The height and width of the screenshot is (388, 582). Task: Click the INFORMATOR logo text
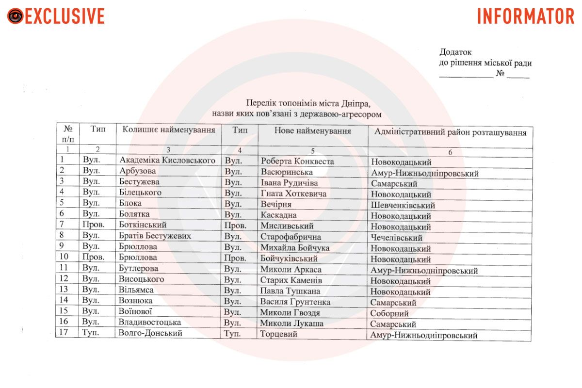point(526,16)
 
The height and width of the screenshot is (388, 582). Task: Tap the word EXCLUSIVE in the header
point(65,16)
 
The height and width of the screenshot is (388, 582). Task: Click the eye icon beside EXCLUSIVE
point(15,16)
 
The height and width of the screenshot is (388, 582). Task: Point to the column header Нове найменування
point(312,131)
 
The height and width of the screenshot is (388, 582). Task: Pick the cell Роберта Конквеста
point(297,161)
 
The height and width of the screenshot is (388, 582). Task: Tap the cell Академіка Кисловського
point(167,160)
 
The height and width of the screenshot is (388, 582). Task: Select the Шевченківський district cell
point(403,206)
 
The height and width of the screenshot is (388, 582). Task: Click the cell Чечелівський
point(397,238)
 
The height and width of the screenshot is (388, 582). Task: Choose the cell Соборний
point(390,314)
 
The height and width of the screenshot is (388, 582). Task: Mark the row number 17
point(63,333)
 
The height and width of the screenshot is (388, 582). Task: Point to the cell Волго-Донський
point(151,333)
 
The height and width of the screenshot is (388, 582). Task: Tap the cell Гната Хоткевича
point(293,194)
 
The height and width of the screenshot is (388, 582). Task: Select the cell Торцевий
point(278,334)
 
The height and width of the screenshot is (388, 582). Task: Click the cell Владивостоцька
point(150,323)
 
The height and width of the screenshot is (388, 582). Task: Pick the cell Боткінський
point(143,225)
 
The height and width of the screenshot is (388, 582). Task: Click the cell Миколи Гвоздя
point(290,313)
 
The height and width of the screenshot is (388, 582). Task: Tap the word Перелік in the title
point(261,103)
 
